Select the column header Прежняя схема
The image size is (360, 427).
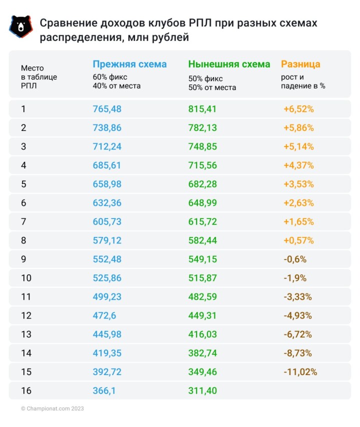[129, 64]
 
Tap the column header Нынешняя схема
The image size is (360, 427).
[229, 64]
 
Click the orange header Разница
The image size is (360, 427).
[300, 64]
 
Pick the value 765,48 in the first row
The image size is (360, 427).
[107, 109]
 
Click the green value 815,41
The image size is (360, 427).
[202, 109]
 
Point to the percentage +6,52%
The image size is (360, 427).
[298, 109]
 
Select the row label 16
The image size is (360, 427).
[26, 390]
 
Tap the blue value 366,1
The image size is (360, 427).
[104, 390]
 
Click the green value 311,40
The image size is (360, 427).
[202, 390]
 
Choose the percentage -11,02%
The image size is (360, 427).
[300, 372]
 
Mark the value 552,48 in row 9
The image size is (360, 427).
[107, 259]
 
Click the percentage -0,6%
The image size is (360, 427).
[294, 259]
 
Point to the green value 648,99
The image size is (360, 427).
[202, 203]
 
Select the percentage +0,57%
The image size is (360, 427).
[298, 240]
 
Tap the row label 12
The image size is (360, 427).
[26, 315]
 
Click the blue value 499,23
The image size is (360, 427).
[107, 296]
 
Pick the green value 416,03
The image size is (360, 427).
[202, 334]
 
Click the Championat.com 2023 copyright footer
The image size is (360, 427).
[52, 408]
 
